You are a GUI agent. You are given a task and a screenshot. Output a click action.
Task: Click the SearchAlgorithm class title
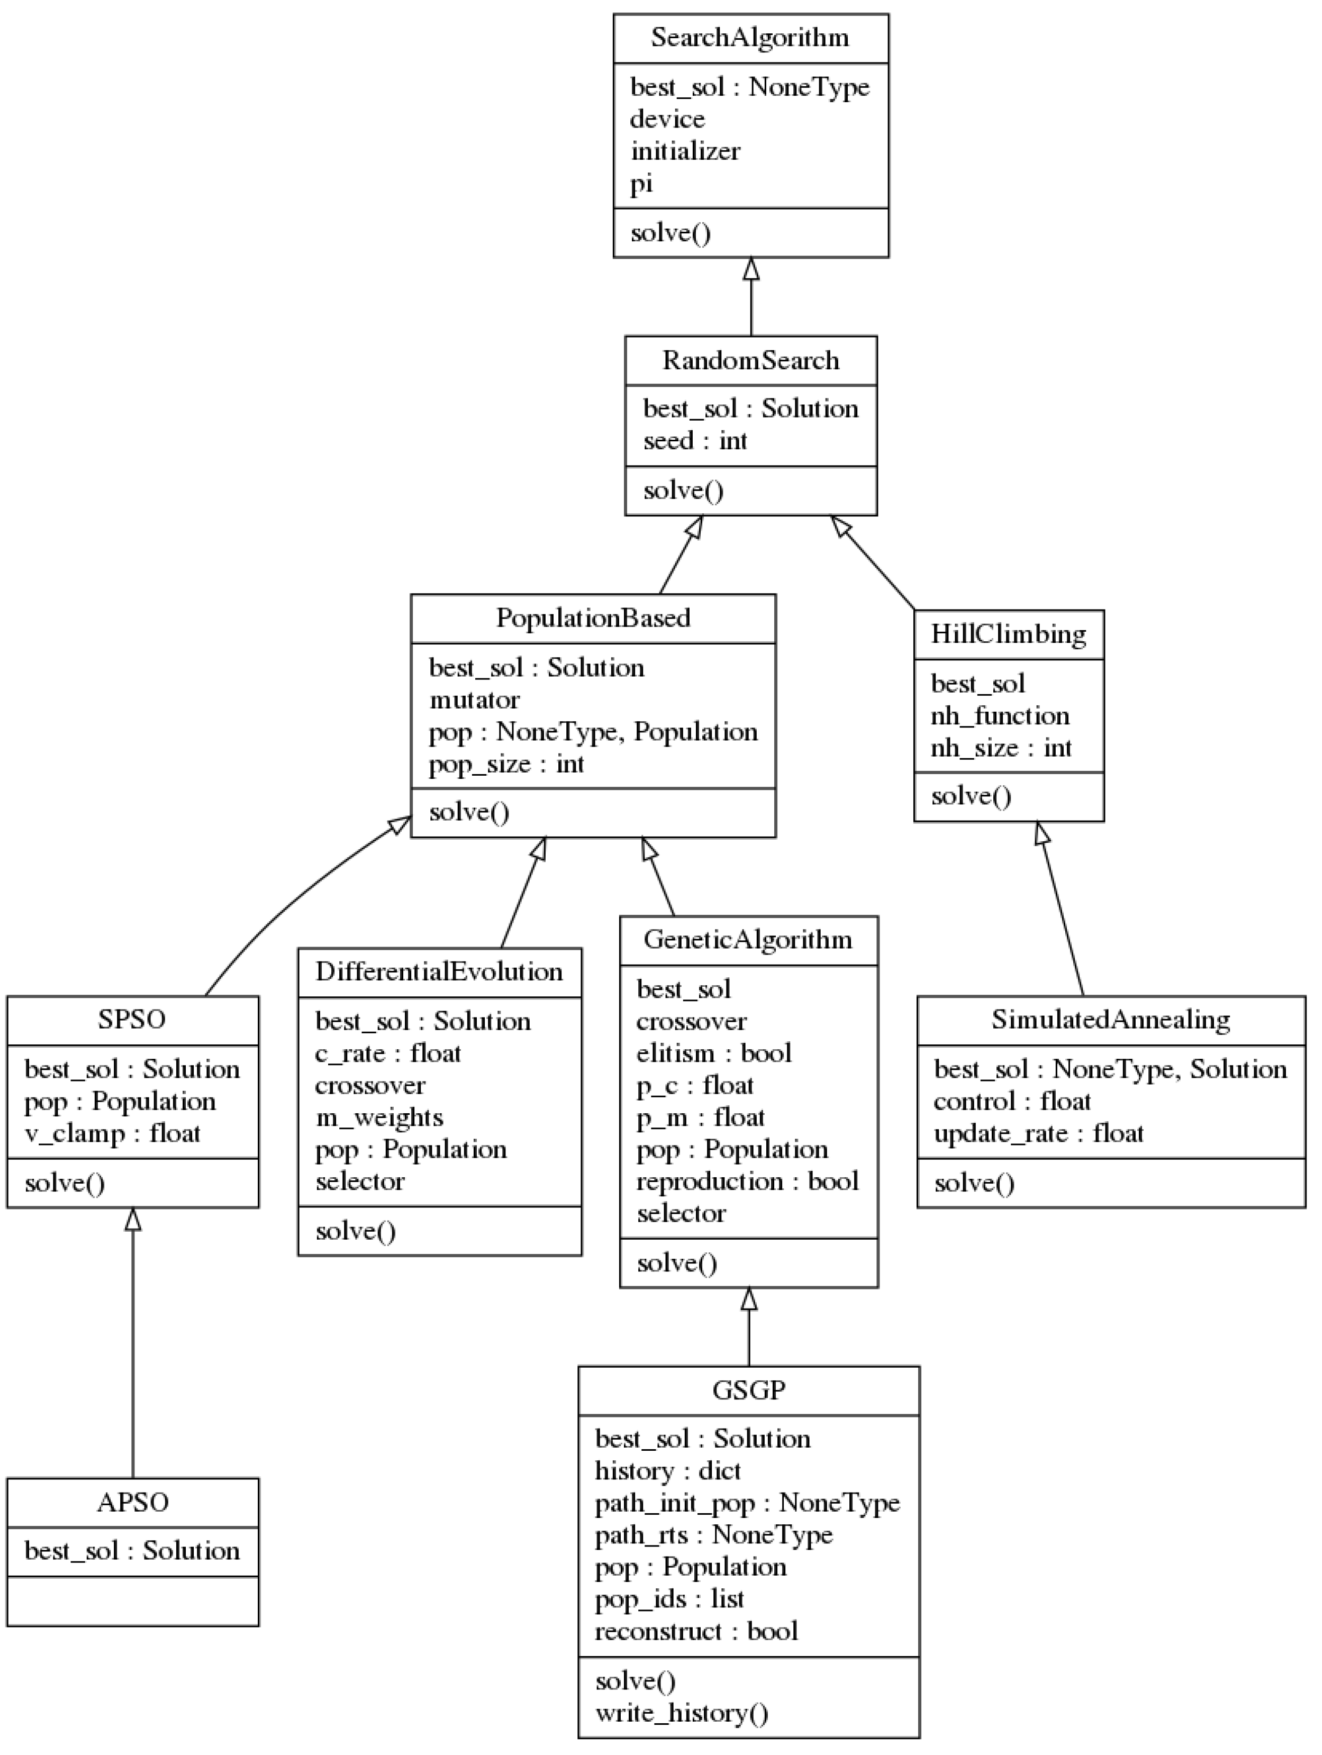(x=750, y=37)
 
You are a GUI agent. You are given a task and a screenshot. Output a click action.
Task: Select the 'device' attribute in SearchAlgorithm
(x=667, y=119)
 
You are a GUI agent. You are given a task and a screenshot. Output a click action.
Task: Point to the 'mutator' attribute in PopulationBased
(x=474, y=700)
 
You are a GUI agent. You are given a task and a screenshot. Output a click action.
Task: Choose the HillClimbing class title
(x=1008, y=634)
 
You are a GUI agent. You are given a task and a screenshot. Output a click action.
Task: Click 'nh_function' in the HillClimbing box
(x=999, y=716)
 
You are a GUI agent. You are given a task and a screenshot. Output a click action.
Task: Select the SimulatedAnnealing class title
(x=1110, y=1020)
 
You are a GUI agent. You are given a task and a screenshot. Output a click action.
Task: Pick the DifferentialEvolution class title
(x=438, y=971)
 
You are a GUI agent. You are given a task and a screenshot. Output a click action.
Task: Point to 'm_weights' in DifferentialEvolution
(x=379, y=1117)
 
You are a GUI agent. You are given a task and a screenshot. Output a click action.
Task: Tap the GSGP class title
(x=748, y=1390)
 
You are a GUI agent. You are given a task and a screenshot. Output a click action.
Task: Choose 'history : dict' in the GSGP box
(x=667, y=1470)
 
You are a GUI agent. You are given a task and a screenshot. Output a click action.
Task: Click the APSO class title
(x=132, y=1502)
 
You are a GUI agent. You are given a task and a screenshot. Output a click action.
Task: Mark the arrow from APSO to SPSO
(x=132, y=1349)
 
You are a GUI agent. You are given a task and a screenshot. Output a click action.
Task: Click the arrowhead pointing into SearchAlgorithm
(x=750, y=269)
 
